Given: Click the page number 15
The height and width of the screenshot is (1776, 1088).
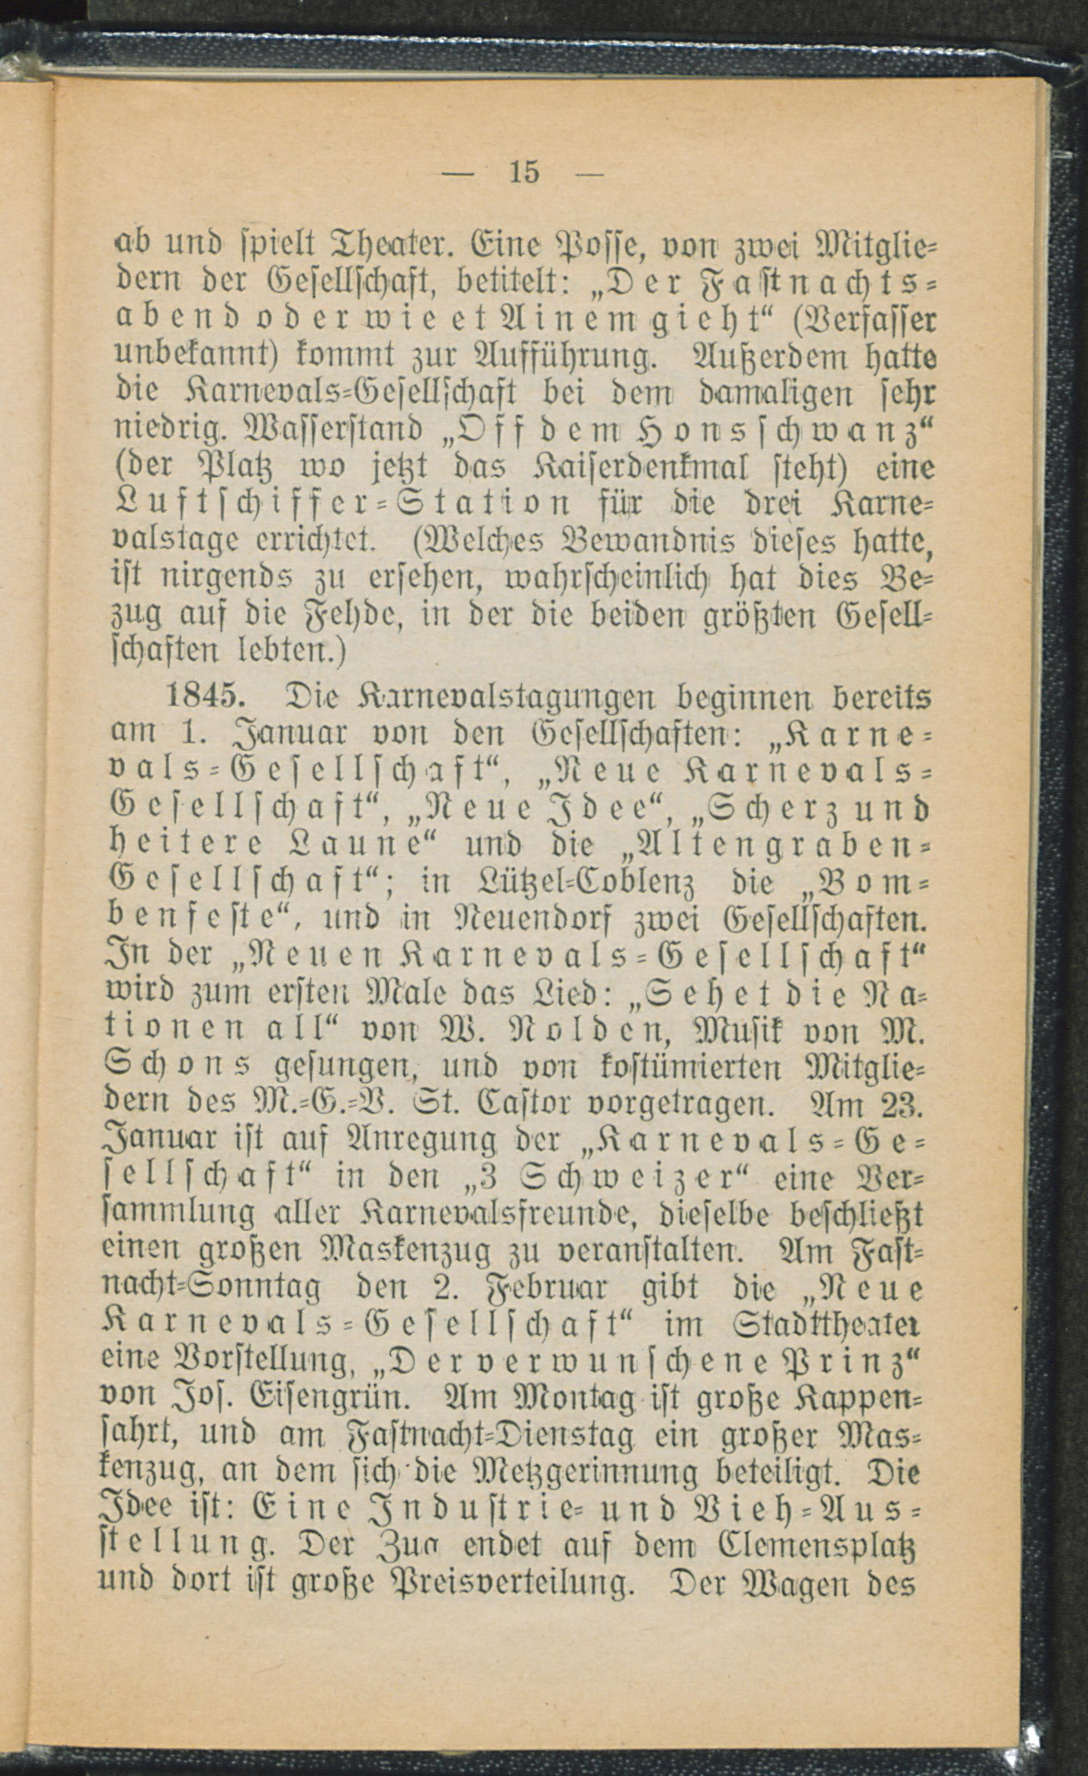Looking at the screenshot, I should pos(524,173).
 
